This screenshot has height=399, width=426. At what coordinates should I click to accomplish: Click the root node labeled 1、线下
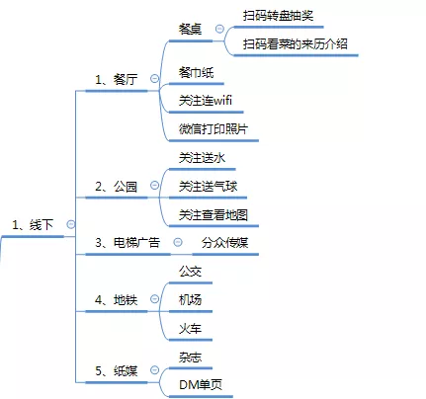pyautogui.click(x=33, y=225)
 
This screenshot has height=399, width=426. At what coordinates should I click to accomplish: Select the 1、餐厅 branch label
pyautogui.click(x=116, y=79)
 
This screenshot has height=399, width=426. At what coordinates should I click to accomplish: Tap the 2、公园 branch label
pyautogui.click(x=116, y=187)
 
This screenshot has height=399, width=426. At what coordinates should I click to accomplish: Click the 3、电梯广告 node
pyautogui.click(x=128, y=243)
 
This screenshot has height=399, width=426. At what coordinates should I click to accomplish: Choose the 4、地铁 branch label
pyautogui.click(x=116, y=300)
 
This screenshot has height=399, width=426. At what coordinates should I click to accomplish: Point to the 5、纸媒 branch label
pyautogui.click(x=116, y=371)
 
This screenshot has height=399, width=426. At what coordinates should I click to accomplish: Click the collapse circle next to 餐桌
pyautogui.click(x=219, y=29)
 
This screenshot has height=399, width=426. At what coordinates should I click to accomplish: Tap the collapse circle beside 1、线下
pyautogui.click(x=71, y=224)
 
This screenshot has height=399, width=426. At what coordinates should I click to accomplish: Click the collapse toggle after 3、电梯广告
pyautogui.click(x=178, y=242)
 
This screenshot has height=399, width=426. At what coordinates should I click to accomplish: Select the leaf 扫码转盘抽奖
pyautogui.click(x=279, y=16)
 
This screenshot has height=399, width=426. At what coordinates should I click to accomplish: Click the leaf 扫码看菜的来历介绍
pyautogui.click(x=296, y=43)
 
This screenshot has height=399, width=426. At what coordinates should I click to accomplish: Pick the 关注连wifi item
pyautogui.click(x=206, y=100)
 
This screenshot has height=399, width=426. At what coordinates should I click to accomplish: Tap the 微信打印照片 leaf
pyautogui.click(x=213, y=128)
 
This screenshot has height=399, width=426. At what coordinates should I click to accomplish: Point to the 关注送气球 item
pyautogui.click(x=208, y=187)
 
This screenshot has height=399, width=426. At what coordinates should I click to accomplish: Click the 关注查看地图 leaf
pyautogui.click(x=213, y=215)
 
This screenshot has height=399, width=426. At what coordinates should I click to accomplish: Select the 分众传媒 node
pyautogui.click(x=224, y=243)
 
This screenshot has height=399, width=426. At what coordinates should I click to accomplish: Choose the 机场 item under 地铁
pyautogui.click(x=190, y=300)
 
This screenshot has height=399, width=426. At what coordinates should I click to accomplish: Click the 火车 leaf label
pyautogui.click(x=190, y=328)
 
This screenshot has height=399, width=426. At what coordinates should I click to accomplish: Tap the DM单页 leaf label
pyautogui.click(x=201, y=384)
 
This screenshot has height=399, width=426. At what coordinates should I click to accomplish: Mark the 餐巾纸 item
pyautogui.click(x=196, y=72)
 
